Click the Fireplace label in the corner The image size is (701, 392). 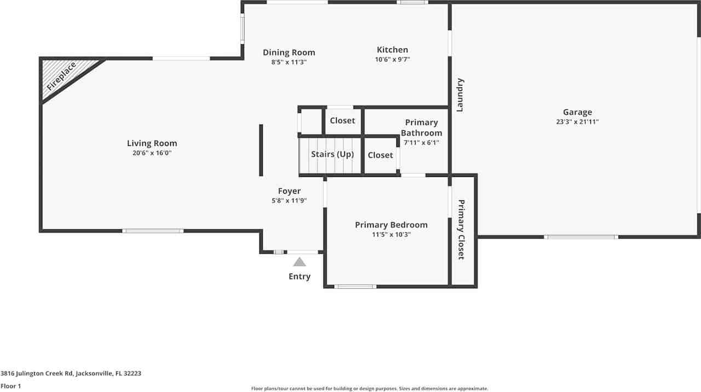(61, 77)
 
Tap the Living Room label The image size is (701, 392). (152, 143)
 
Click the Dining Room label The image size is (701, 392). (289, 52)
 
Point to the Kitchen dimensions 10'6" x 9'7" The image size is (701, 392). (392, 60)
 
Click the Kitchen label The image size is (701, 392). (392, 50)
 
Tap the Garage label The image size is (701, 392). (577, 112)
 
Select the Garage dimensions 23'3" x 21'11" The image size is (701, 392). (577, 122)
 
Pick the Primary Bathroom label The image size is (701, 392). (421, 127)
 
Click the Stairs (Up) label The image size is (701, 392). (332, 154)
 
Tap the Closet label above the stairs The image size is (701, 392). (342, 120)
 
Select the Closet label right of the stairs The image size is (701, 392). (380, 155)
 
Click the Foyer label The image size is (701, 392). (289, 191)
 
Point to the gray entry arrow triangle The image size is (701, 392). (299, 262)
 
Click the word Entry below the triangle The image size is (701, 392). (300, 277)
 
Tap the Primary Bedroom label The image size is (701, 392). (391, 225)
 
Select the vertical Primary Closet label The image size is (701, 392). (461, 230)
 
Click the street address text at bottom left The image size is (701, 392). (71, 373)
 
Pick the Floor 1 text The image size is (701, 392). (11, 386)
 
